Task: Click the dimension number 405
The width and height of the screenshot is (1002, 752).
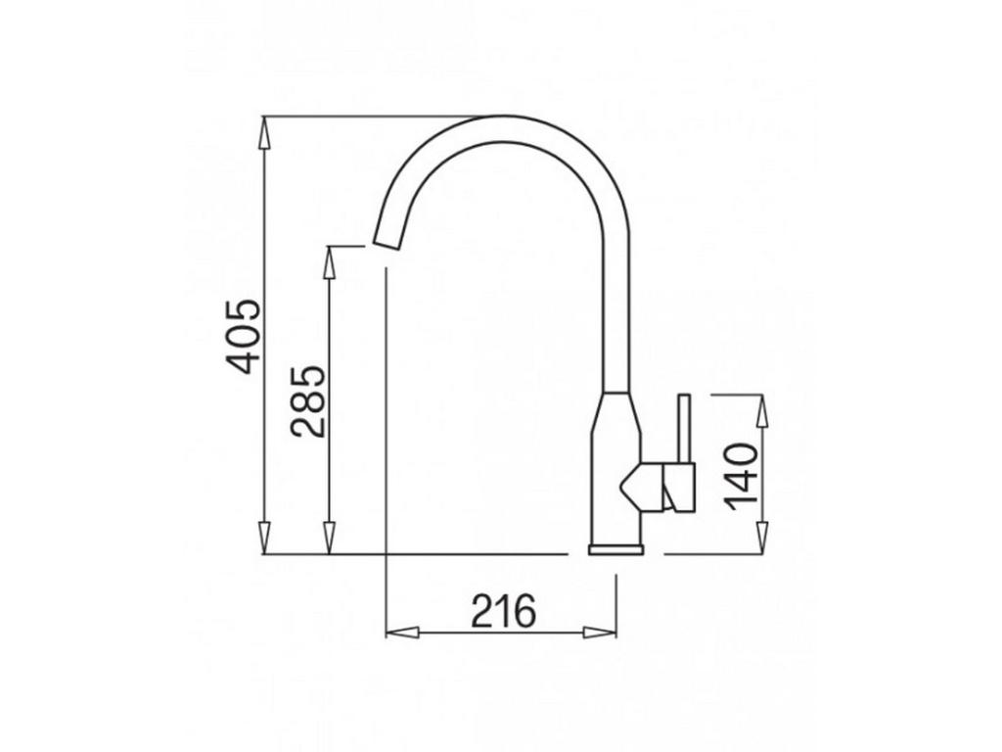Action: tap(246, 336)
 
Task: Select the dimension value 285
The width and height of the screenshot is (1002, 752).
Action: tap(308, 401)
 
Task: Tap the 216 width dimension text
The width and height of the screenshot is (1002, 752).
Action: tap(504, 612)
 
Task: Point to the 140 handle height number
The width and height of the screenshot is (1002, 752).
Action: tap(743, 474)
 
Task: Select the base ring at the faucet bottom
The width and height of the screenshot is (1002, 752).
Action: tap(615, 549)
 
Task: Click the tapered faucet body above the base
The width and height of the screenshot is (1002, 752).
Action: tap(615, 470)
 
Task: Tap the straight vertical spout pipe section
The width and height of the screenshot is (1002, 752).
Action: tap(615, 313)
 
